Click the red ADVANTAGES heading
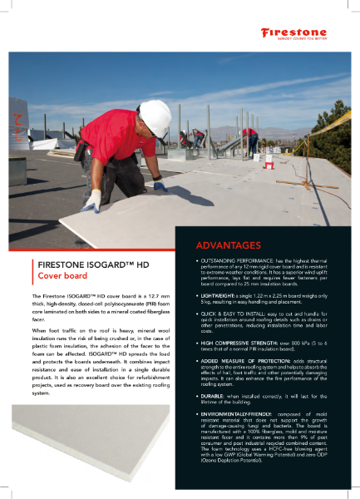point(229,246)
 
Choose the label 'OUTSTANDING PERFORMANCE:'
point(232,261)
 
